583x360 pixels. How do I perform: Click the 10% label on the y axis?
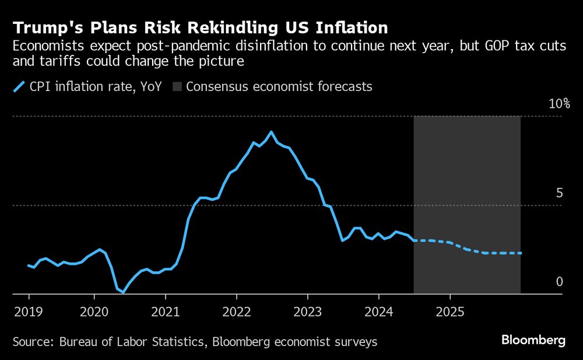pos(559,104)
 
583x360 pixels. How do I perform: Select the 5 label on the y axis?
pos(559,193)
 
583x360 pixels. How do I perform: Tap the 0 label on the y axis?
pos(559,282)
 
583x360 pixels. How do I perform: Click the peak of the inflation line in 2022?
pos(271,132)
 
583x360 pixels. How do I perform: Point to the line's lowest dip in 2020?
pos(124,292)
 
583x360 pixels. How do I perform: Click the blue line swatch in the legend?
pos(19,87)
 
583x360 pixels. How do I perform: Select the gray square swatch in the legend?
pos(177,87)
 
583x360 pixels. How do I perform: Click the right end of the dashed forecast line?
pos(521,253)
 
